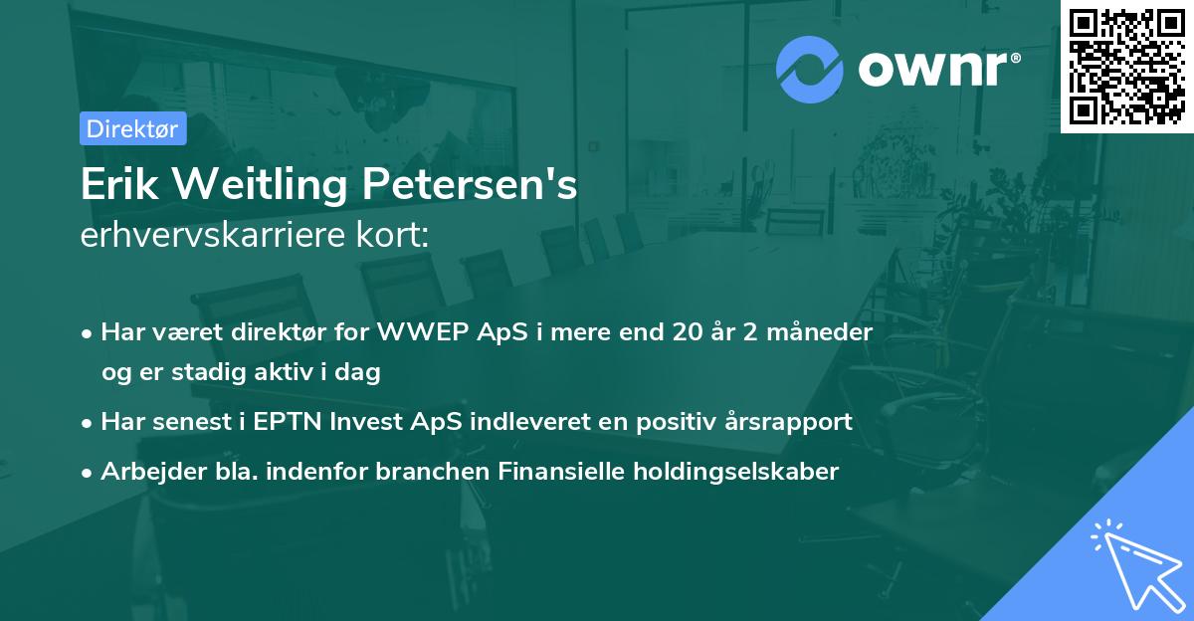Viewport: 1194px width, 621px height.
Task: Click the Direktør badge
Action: (x=132, y=128)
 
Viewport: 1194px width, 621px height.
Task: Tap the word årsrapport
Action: (x=792, y=421)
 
